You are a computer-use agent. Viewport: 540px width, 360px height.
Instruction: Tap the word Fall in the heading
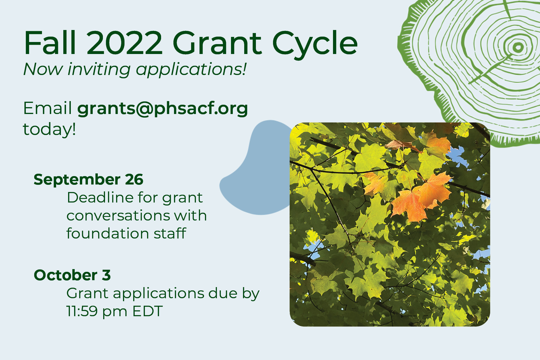(50, 43)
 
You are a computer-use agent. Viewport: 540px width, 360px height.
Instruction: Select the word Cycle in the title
(315, 45)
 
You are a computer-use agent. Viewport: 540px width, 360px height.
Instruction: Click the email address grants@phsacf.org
(163, 109)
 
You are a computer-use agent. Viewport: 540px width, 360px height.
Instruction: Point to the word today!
(49, 129)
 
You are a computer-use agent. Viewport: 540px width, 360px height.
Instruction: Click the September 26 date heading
(88, 180)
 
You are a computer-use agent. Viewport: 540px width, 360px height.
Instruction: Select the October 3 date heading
(72, 275)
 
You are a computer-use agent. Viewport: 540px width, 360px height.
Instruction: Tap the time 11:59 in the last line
(82, 311)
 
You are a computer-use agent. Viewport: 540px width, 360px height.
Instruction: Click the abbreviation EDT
(148, 311)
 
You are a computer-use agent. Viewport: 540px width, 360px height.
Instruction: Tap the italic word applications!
(191, 70)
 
